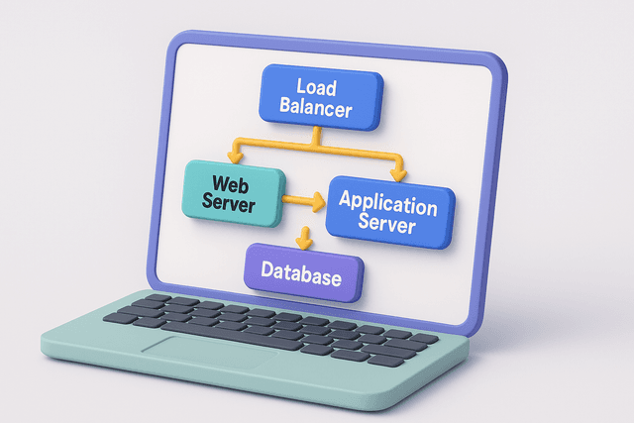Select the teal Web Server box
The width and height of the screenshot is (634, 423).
click(x=235, y=192)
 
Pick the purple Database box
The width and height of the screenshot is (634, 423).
click(x=303, y=273)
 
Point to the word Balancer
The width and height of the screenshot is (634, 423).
click(x=317, y=108)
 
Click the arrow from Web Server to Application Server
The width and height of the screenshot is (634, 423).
click(x=302, y=201)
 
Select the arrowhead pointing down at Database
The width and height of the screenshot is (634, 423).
click(x=305, y=242)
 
